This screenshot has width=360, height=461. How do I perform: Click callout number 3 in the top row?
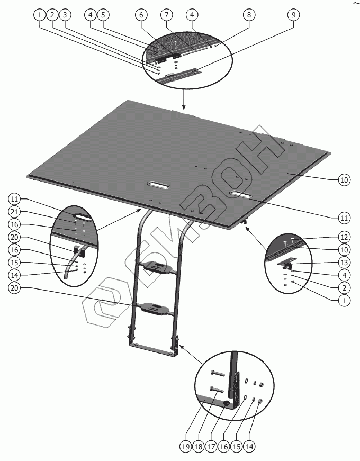65,15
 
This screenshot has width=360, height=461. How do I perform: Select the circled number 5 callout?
103,15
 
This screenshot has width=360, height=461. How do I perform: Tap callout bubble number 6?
141,15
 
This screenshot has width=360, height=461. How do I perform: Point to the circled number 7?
167,15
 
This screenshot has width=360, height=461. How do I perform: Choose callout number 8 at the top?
249,15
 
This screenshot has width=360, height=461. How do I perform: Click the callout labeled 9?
293,15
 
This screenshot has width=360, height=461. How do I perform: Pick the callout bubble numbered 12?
345,237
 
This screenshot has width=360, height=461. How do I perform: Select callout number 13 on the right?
345,262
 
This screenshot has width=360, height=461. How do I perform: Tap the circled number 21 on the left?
14,212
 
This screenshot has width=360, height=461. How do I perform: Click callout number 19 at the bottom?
186,447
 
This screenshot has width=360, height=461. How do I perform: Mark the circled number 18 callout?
199,447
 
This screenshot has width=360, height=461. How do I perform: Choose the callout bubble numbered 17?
211,447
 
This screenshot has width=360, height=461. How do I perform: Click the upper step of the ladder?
156,267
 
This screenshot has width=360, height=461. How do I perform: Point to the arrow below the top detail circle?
184,100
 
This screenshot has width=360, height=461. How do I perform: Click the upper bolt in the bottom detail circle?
218,374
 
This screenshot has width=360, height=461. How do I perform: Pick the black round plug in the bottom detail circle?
227,404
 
